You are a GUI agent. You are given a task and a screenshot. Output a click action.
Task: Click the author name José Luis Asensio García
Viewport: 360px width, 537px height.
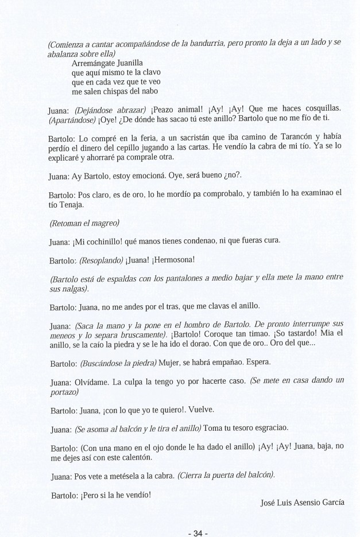point(303,503)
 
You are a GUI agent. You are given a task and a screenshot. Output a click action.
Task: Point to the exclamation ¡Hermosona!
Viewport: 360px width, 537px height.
point(175,259)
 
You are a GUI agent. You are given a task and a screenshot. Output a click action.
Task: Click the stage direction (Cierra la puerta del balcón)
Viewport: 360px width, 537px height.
point(227,474)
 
